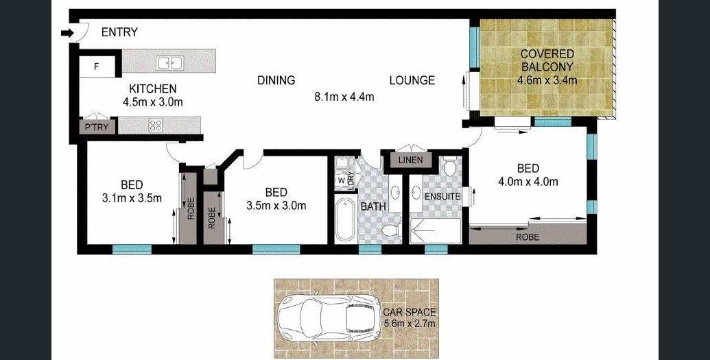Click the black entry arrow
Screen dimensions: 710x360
point(67,33)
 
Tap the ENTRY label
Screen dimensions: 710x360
point(119,33)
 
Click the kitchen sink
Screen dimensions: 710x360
point(170,63)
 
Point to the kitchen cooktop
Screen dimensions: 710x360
point(156,125)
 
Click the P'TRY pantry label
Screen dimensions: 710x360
point(97,128)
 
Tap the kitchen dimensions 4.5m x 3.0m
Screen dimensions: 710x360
point(152,102)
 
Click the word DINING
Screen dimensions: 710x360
point(276,81)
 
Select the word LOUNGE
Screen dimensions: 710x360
point(412,81)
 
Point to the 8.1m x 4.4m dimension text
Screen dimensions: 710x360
point(344,97)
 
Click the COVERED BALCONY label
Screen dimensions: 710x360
point(547,60)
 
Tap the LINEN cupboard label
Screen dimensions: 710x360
point(411,160)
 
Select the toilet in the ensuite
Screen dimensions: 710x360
point(450,167)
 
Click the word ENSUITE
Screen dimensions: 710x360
point(442,197)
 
